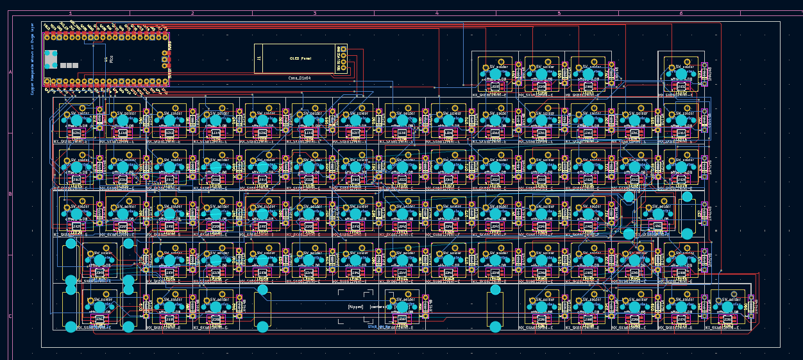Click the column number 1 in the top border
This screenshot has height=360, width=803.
tap(71, 13)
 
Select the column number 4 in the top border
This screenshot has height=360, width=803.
tap(437, 13)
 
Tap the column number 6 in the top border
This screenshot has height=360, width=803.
tap(681, 13)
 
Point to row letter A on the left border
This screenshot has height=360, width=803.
tap(10, 73)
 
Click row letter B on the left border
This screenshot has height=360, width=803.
tap(10, 194)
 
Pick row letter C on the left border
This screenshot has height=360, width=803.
tap(10, 316)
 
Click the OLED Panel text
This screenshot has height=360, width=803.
tap(300, 58)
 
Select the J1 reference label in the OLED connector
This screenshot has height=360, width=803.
tap(259, 58)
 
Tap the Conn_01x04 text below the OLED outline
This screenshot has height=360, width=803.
tap(300, 78)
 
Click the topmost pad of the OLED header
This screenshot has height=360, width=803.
tap(344, 48)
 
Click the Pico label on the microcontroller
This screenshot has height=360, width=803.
tap(112, 59)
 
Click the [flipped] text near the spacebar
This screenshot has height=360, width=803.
tap(355, 307)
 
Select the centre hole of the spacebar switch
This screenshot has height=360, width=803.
tap(402, 307)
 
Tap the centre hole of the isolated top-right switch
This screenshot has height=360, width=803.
tap(681, 74)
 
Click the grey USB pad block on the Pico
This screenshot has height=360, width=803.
tap(51, 58)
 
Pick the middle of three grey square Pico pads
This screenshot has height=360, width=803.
tap(69, 65)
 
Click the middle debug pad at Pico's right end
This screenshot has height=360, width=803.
tap(165, 59)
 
